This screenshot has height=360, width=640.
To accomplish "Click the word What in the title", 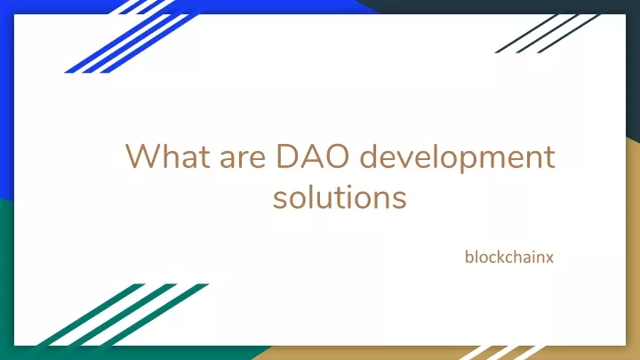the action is [x=168, y=156].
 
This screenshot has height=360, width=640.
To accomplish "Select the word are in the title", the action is [x=243, y=159].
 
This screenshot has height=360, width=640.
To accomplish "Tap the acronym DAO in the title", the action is [x=313, y=156].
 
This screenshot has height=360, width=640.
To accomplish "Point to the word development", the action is [x=458, y=158].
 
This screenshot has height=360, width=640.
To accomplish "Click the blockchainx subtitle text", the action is [x=509, y=257].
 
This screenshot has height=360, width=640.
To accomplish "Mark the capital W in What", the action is [x=143, y=156].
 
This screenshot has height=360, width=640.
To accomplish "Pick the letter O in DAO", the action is [x=335, y=156].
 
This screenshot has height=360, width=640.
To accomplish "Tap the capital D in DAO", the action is [x=286, y=156].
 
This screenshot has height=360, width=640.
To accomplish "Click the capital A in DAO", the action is [x=309, y=156].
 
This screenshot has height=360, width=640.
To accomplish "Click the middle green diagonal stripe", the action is [x=123, y=315].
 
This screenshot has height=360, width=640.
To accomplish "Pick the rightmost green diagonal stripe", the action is [x=155, y=315].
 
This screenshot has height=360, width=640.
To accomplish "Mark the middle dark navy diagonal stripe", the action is [x=548, y=34].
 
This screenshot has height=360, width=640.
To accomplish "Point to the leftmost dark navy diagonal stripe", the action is [x=526, y=34].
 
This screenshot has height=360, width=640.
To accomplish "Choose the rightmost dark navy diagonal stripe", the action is [x=569, y=34].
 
